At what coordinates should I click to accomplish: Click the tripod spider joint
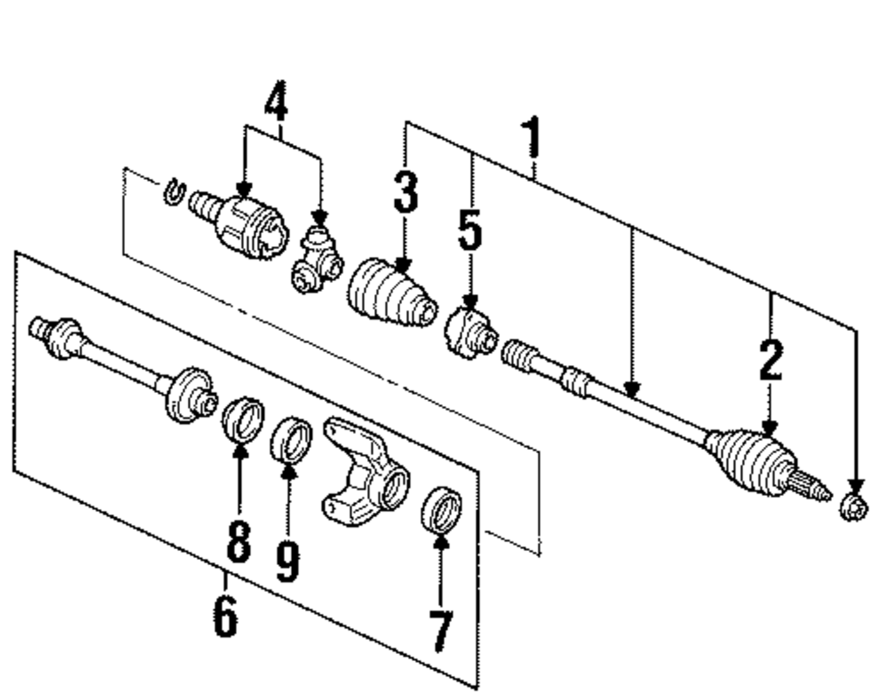(x=316, y=260)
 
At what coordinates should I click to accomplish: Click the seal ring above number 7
(x=440, y=510)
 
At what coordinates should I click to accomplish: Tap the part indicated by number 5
(x=469, y=332)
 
